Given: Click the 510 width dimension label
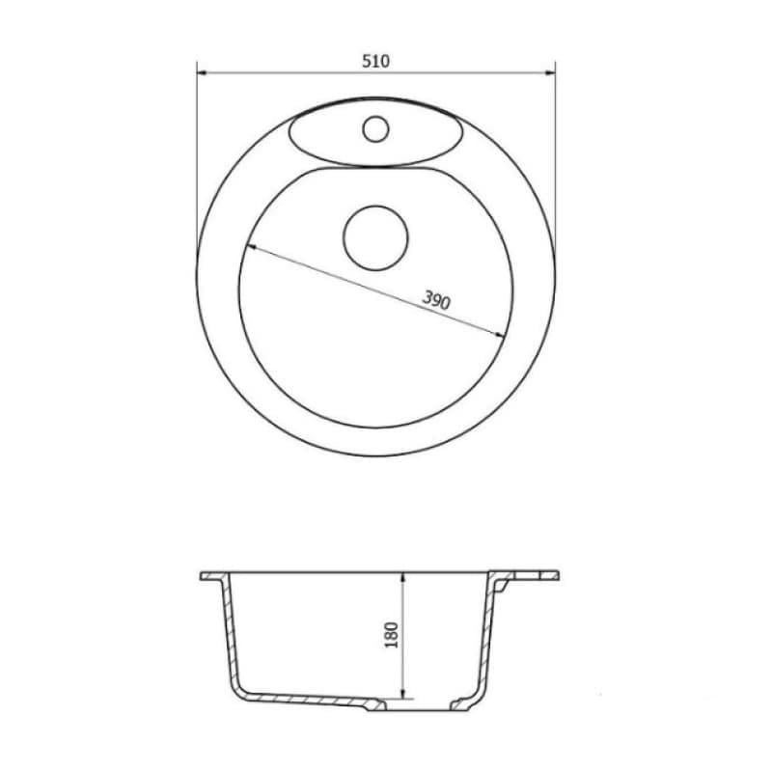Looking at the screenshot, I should [375, 61].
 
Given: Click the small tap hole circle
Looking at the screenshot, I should [374, 127].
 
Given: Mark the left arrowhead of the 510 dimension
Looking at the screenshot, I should [202, 71].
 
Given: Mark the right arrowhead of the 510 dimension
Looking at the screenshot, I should [551, 71].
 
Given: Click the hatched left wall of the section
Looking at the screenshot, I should [229, 637].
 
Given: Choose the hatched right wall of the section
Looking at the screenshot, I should [486, 637].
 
